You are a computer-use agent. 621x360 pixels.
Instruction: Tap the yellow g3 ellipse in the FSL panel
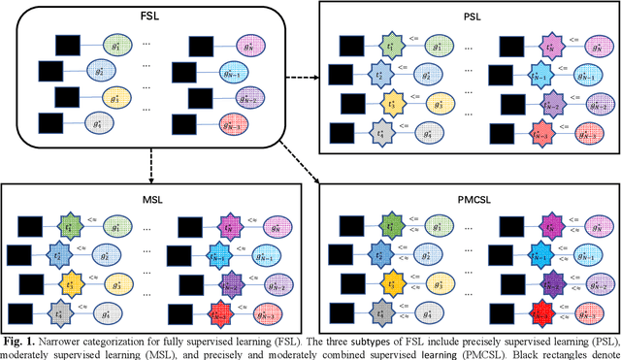(x=116, y=99)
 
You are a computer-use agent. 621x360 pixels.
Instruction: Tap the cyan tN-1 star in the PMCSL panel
(x=532, y=258)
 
